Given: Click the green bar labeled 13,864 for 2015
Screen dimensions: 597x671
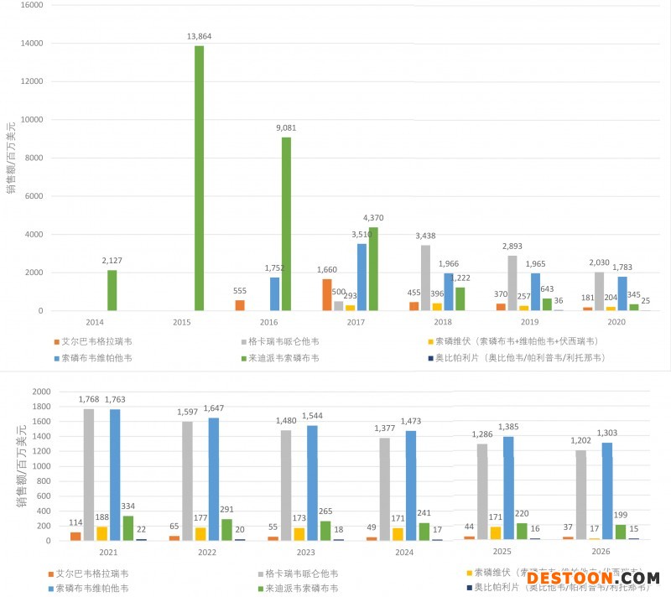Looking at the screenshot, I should (200, 178).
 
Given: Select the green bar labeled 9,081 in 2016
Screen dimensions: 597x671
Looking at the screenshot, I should (286, 224).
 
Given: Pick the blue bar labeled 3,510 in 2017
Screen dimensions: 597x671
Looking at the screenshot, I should (362, 277).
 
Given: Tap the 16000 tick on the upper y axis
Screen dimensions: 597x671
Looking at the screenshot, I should (31, 5).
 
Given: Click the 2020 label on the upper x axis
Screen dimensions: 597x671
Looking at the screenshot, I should (616, 322).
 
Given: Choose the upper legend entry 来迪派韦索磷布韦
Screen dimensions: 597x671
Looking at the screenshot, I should (286, 357).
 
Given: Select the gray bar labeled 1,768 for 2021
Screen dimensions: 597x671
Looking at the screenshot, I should (89, 475).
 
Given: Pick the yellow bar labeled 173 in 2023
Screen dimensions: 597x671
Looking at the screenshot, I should (299, 533).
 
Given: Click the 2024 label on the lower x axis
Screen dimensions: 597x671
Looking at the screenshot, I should (403, 553).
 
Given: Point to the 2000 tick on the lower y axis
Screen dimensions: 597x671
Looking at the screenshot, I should (40, 392).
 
